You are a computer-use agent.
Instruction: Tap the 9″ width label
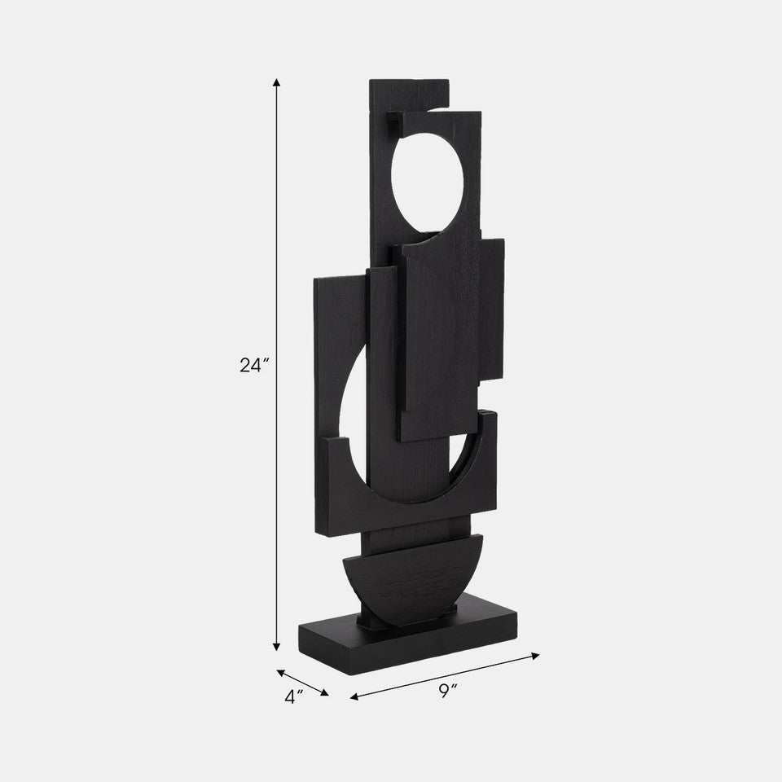coord(447,691)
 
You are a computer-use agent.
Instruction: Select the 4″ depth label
coord(294,696)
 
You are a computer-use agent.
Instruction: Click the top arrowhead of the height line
coord(277,82)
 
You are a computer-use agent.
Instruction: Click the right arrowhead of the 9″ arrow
coord(536,654)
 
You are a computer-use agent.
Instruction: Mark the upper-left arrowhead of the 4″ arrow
coord(281,673)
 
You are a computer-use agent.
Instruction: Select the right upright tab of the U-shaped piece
coord(486,432)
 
